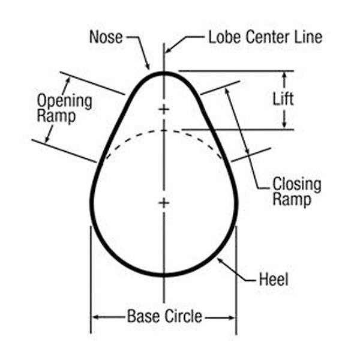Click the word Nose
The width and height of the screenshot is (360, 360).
click(106, 37)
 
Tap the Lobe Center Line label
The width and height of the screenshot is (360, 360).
click(265, 37)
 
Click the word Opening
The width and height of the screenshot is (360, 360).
click(64, 101)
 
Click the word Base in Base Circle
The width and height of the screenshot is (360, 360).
click(143, 316)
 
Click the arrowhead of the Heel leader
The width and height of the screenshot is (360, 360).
click(220, 260)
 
